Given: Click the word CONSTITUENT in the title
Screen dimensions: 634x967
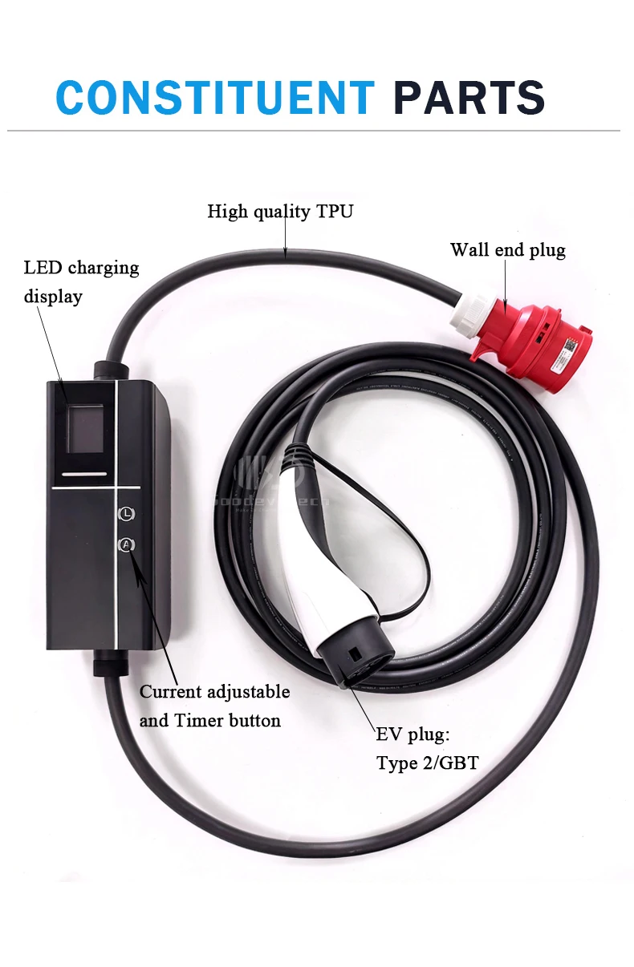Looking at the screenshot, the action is click(215, 98).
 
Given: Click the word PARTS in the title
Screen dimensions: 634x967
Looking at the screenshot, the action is click(469, 98).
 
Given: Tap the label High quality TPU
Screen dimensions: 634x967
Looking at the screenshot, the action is click(280, 212).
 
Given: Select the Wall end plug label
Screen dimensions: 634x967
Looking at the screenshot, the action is click(507, 250).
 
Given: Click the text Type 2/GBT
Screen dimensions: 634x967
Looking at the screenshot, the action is click(427, 763).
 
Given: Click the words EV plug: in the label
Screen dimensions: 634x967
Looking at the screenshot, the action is click(413, 734).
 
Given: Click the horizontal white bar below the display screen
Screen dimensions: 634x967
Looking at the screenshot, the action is click(83, 475).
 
